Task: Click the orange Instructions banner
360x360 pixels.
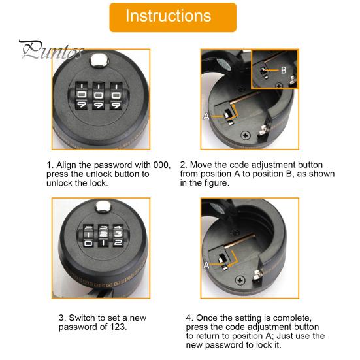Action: (173, 18)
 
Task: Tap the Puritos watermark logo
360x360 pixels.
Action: (52, 50)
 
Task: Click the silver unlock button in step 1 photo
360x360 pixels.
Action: (99, 60)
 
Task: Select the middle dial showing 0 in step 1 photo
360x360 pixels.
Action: (99, 95)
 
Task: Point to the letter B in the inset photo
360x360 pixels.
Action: (284, 70)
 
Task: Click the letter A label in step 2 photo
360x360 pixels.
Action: (206, 116)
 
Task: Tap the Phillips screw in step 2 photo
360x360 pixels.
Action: (246, 135)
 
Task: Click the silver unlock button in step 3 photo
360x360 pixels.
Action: (103, 207)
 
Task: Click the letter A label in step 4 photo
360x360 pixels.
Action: (206, 265)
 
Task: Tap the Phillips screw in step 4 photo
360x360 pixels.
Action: (240, 280)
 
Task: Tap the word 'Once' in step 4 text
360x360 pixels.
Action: (206, 318)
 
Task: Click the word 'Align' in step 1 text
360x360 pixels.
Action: (66, 165)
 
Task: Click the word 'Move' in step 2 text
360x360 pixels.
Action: (200, 165)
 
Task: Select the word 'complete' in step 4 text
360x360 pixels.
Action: (292, 318)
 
